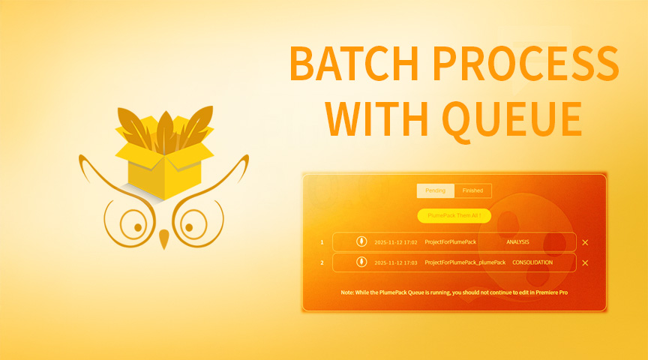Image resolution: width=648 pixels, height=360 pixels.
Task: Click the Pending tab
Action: point(435,190)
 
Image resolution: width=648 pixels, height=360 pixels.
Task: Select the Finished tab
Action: point(472,190)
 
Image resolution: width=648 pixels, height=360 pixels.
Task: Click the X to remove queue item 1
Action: point(585,242)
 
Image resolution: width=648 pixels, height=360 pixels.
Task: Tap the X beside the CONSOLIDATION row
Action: point(585,262)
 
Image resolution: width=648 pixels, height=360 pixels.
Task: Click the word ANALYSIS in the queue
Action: point(517,242)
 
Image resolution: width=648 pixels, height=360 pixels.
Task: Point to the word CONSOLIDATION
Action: point(532,262)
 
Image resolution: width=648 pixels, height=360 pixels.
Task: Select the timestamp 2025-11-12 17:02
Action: point(395,242)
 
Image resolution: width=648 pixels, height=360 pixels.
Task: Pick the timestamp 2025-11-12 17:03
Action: point(395,262)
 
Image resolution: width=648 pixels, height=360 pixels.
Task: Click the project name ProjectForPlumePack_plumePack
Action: point(465,262)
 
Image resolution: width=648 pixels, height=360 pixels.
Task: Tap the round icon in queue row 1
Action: point(361,241)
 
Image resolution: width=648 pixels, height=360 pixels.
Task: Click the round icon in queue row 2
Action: point(361,262)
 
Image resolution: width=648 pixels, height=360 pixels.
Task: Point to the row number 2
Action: point(322,262)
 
